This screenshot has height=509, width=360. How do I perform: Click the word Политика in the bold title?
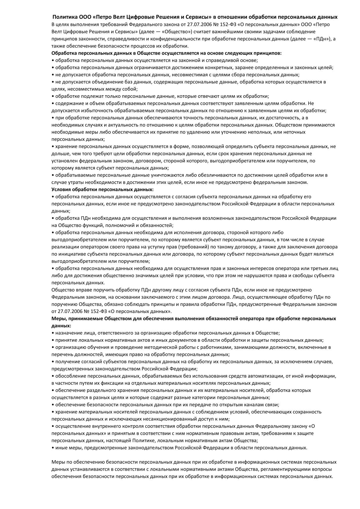tap(65, 17)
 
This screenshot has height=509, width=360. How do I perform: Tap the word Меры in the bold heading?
tap(58, 319)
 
